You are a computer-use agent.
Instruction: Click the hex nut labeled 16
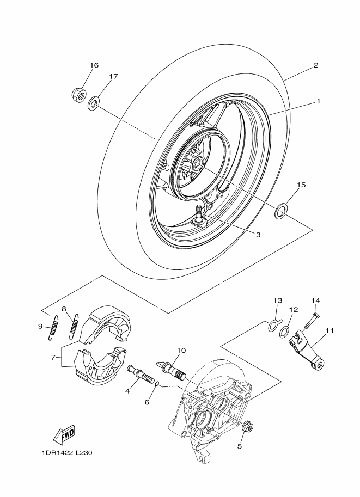(78, 94)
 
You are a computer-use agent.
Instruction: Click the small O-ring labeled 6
(157, 384)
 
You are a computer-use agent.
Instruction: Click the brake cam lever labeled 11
(308, 349)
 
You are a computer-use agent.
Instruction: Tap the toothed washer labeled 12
(284, 332)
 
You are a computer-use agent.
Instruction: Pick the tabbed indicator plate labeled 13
(273, 325)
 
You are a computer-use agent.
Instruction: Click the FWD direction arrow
(65, 434)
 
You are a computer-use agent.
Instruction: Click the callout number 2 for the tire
(316, 65)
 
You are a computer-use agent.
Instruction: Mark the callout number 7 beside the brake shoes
(53, 357)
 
